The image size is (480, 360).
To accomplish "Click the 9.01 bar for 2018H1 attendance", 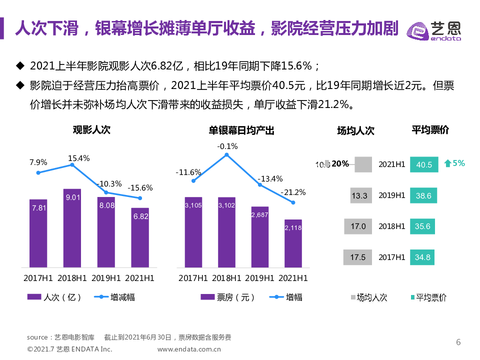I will coord(72,227).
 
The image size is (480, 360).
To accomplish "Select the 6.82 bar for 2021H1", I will coord(140,237).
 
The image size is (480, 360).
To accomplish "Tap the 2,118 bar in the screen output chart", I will coord(293,243).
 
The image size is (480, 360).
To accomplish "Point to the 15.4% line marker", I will coord(72,164).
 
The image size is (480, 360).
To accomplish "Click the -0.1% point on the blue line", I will coord(226,155).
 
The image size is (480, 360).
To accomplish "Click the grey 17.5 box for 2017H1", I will coord(357,257).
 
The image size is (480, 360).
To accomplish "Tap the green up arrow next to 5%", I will coord(448,163).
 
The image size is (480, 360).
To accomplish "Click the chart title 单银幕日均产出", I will coord(241,130).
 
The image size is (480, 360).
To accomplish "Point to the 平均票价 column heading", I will coord(430,130).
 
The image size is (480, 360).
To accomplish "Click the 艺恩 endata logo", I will coord(434,30).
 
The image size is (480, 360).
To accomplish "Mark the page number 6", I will coord(458,342).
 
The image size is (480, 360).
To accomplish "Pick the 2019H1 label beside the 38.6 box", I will coord(391,195).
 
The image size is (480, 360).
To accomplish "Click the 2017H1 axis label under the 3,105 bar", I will coord(193,277).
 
